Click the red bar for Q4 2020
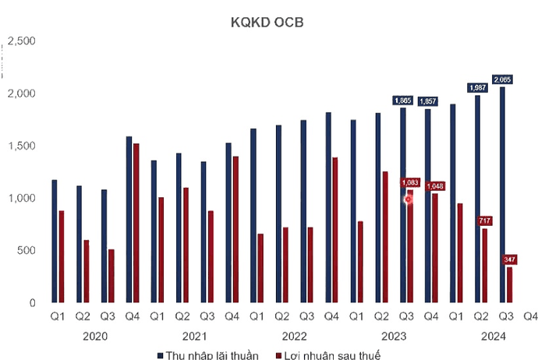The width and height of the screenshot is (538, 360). coord(136,223)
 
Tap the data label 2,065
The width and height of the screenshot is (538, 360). coord(504,79)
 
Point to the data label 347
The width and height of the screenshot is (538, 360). coord(511,259)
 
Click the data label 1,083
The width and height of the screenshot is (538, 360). coord(411,182)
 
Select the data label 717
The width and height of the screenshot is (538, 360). coord(485,221)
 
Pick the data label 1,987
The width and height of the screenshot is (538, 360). coord(478,88)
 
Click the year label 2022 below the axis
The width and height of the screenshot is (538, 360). coord(294,335)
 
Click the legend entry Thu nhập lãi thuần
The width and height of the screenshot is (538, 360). coord(205,355)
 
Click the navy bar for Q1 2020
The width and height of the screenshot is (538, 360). coord(54,241)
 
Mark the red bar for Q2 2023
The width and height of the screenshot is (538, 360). coord(385,237)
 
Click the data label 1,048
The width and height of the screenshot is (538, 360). coord(436,186)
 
